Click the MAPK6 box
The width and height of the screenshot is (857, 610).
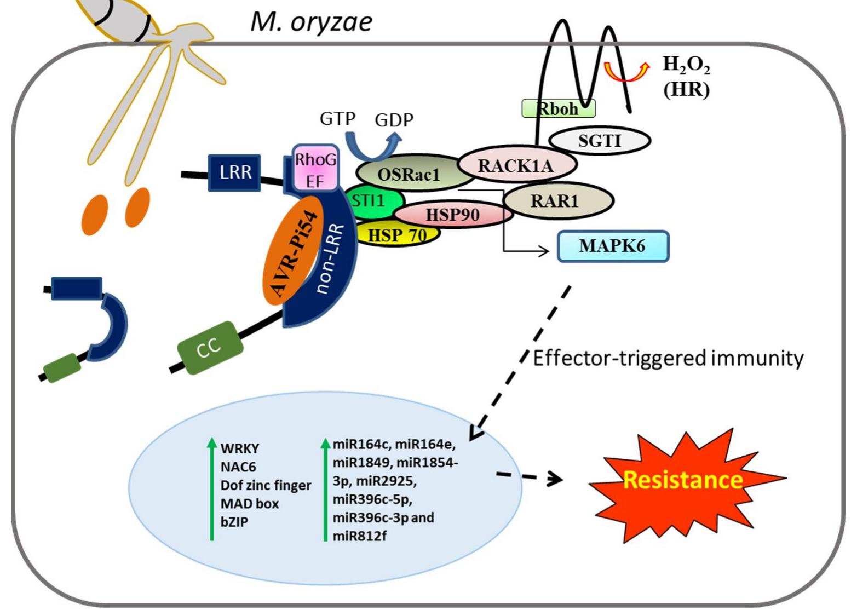pyautogui.click(x=613, y=246)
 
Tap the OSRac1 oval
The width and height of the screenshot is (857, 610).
pyautogui.click(x=409, y=175)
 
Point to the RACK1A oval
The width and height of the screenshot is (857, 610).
pyautogui.click(x=516, y=165)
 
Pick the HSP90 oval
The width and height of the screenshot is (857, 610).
pyautogui.click(x=452, y=215)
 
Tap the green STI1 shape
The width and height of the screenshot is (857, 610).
pyautogui.click(x=370, y=202)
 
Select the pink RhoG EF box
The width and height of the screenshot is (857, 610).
pyautogui.click(x=315, y=169)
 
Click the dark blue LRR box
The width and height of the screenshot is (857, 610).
pyautogui.click(x=235, y=172)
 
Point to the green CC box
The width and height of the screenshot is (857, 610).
pyautogui.click(x=209, y=348)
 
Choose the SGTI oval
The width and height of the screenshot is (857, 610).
pyautogui.click(x=600, y=141)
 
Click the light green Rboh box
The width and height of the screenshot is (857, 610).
pyautogui.click(x=557, y=108)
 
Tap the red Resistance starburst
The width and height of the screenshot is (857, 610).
pyautogui.click(x=683, y=480)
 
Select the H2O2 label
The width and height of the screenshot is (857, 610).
pyautogui.click(x=686, y=65)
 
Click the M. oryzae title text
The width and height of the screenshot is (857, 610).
pyautogui.click(x=312, y=22)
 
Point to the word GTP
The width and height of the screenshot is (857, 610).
pyautogui.click(x=338, y=118)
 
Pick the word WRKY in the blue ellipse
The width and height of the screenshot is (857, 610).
pyautogui.click(x=240, y=448)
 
